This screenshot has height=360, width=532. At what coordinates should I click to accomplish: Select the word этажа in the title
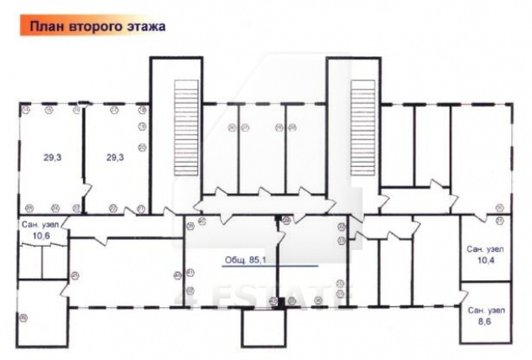coord(144,26)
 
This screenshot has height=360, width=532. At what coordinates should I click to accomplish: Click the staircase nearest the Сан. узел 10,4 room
coord(362,129)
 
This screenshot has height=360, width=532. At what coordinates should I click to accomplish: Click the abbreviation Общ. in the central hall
coord(237,259)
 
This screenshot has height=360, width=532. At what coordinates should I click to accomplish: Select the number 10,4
coord(484,261)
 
